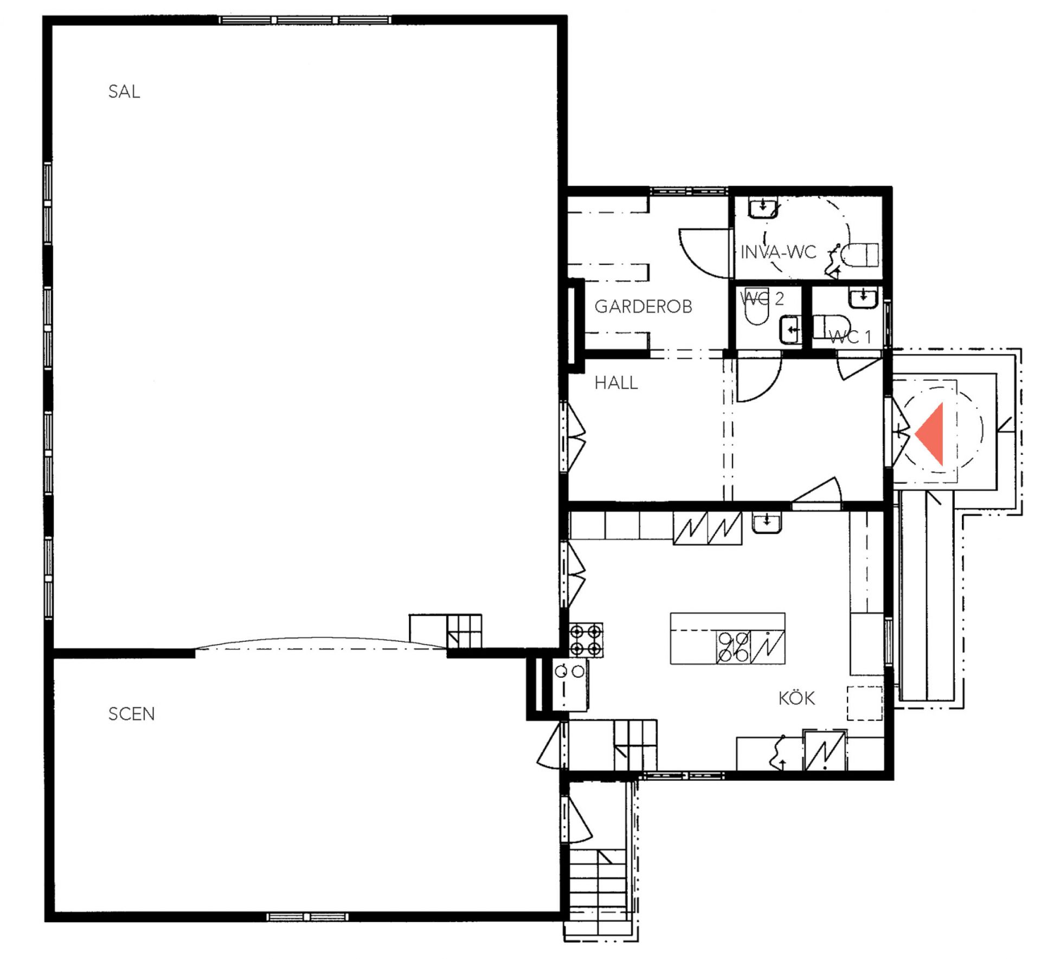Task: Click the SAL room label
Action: click(x=124, y=92)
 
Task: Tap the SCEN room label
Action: click(x=132, y=714)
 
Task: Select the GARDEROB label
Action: click(x=644, y=307)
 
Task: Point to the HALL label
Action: click(x=616, y=383)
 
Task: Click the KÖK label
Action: click(x=796, y=698)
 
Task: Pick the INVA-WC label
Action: click(x=779, y=252)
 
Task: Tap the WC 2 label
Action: click(x=762, y=299)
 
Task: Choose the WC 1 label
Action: click(x=850, y=337)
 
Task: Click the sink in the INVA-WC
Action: click(x=763, y=208)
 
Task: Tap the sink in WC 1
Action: click(x=863, y=298)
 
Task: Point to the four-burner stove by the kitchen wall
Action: click(x=586, y=640)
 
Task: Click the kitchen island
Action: click(x=728, y=639)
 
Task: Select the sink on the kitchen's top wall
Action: click(x=767, y=523)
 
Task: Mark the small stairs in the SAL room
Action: click(x=445, y=631)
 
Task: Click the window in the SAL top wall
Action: click(x=305, y=20)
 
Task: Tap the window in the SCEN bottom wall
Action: click(x=307, y=917)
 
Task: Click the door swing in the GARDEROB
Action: click(x=703, y=253)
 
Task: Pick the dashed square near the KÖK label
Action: click(x=865, y=704)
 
